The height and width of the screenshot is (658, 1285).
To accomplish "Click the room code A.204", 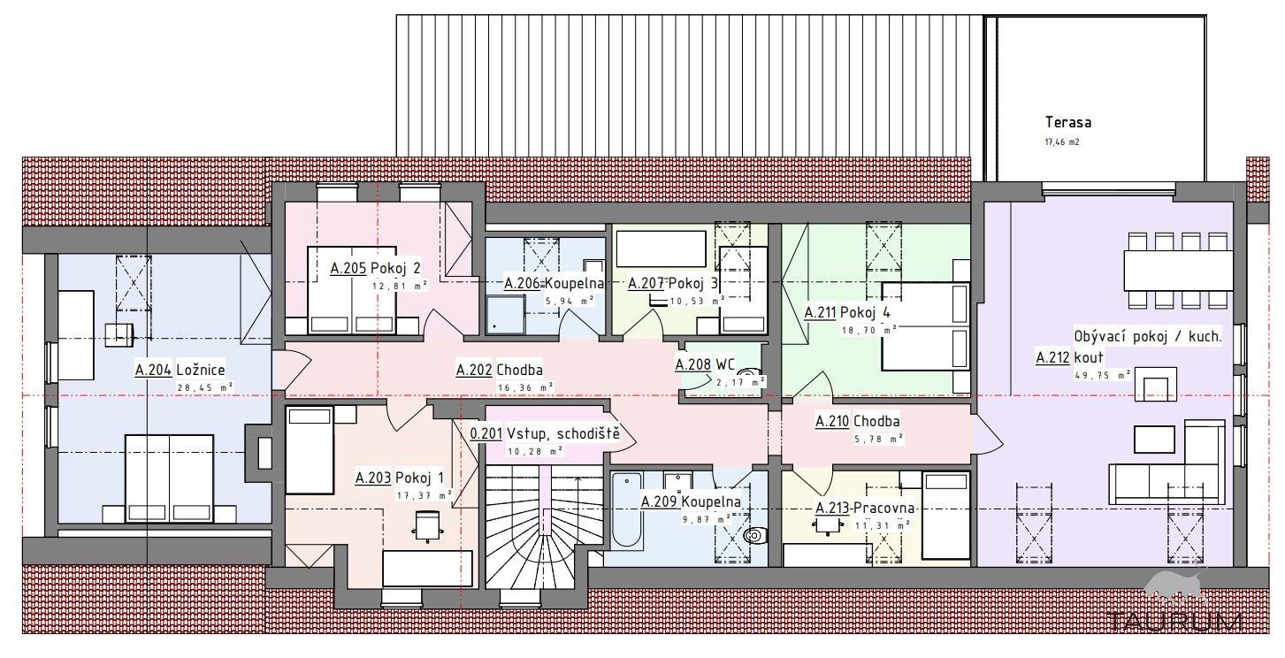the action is click(x=153, y=370).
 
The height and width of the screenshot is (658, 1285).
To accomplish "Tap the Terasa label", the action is click(x=1067, y=122).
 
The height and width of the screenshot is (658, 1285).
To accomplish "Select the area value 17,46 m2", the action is click(x=1062, y=142).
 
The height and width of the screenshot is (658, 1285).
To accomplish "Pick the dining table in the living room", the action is click(x=1178, y=271).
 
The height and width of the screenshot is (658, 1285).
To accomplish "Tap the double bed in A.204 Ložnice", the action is click(x=169, y=478).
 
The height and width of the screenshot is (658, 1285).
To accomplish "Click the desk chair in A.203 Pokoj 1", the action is click(x=427, y=526).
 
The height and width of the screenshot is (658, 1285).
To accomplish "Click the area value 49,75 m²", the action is click(x=1103, y=376).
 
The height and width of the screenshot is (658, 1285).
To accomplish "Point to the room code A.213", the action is click(x=833, y=509).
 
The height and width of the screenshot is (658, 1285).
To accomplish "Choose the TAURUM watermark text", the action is click(x=1174, y=621).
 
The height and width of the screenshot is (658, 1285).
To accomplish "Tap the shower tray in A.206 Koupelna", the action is click(x=505, y=315).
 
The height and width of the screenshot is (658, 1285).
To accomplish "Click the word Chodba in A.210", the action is click(x=876, y=421).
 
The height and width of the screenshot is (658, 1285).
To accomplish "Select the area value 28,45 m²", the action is click(x=205, y=387).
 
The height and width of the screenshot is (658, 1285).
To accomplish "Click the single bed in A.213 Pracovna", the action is click(x=945, y=516).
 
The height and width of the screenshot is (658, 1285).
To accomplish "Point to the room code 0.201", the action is click(x=486, y=433).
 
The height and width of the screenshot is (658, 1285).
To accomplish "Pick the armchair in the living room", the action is click(x=1156, y=384).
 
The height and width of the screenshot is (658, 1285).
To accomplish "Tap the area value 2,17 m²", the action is click(x=740, y=381).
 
